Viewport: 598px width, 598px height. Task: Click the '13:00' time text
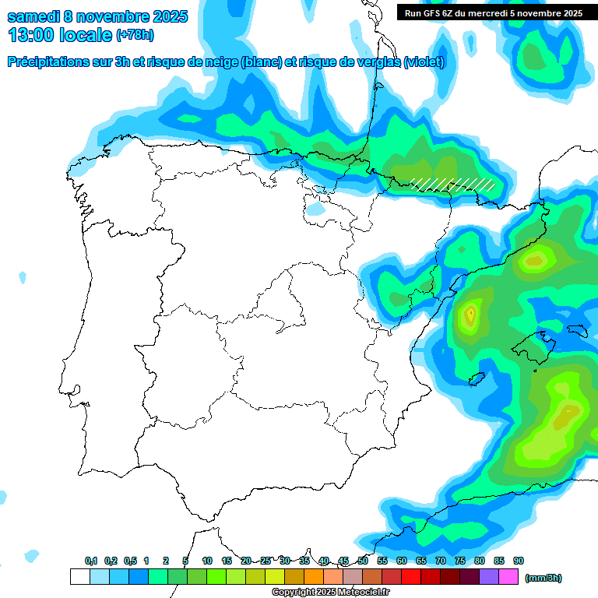(x=30, y=35)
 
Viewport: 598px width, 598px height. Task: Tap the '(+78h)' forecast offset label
(x=135, y=35)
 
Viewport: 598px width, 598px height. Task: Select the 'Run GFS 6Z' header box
(x=494, y=12)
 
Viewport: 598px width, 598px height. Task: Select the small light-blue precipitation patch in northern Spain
(x=315, y=209)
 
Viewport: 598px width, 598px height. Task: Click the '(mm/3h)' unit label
(x=543, y=578)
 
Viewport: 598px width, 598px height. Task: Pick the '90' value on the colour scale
(x=519, y=561)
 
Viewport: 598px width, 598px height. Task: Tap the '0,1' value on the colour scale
(x=91, y=561)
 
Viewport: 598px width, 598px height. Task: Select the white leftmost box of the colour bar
(x=80, y=577)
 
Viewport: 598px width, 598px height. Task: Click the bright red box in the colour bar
(x=411, y=577)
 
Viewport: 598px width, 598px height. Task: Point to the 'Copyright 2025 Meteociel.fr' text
(x=330, y=592)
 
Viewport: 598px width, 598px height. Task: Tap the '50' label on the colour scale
(x=363, y=561)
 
